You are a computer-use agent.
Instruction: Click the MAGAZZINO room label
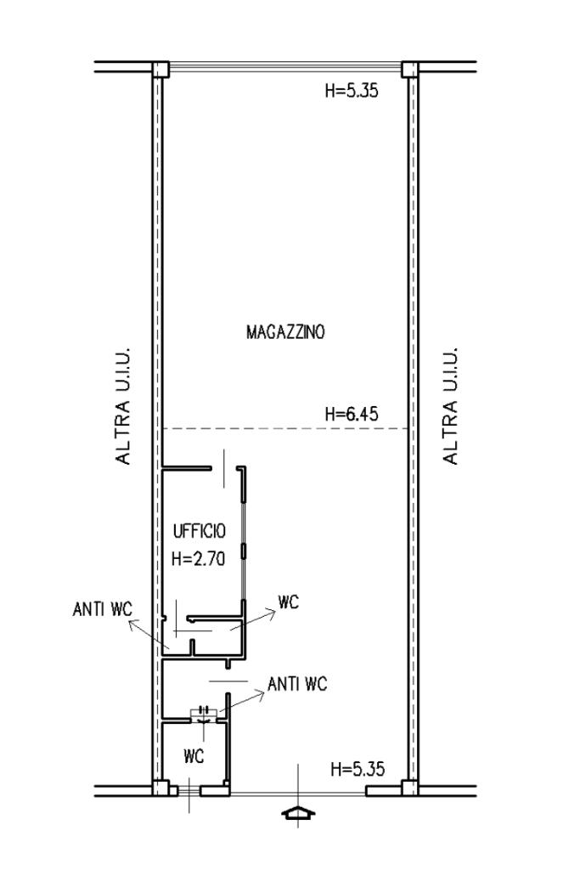[x=285, y=332]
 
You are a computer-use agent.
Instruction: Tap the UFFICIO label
[x=199, y=531]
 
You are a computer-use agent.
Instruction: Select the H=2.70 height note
[x=199, y=558]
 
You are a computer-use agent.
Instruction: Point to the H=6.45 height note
[x=352, y=414]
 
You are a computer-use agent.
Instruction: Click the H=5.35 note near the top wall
[x=352, y=90]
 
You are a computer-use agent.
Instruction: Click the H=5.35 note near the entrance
[x=358, y=769]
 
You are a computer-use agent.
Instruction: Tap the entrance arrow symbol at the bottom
[x=298, y=813]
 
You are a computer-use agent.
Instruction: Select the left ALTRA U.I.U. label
[x=122, y=406]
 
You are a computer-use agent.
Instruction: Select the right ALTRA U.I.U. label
[x=450, y=406]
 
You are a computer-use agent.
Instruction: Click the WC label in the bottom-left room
[x=193, y=755]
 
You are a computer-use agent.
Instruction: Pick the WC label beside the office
[x=289, y=602]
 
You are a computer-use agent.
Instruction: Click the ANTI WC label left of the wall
[x=103, y=608]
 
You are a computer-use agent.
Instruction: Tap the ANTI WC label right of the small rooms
[x=297, y=684]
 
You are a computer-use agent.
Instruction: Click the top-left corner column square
[x=160, y=70]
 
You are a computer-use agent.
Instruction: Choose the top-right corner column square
[x=410, y=70]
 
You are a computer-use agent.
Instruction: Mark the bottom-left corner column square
[x=160, y=788]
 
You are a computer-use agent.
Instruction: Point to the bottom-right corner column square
[x=410, y=788]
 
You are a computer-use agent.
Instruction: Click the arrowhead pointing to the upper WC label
[x=271, y=613]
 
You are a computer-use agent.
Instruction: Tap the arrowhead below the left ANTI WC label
[x=133, y=624]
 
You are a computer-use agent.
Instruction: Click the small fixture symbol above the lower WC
[x=204, y=714]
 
